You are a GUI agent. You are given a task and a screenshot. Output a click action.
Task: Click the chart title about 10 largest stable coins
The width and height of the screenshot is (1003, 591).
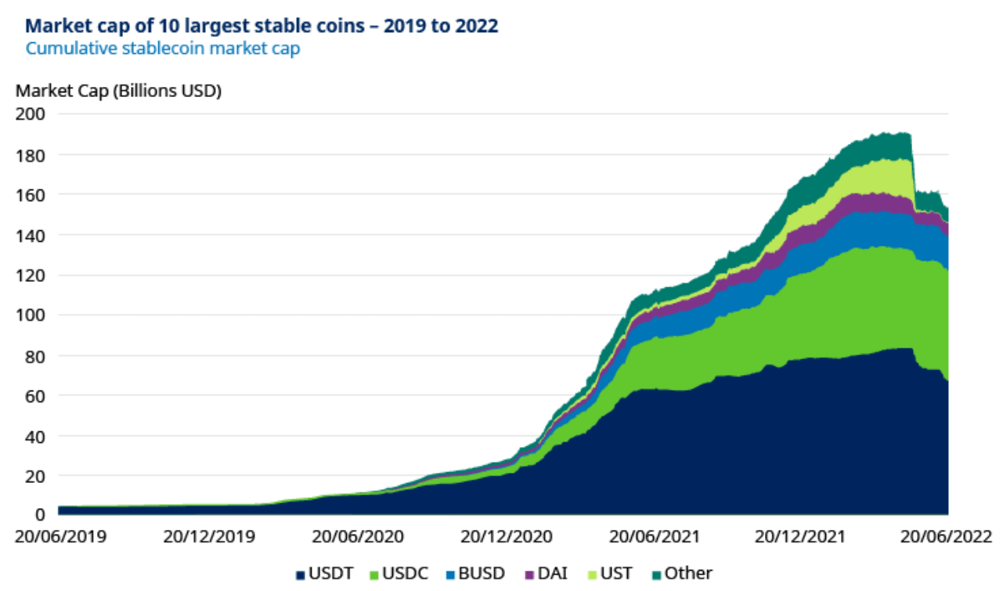[262, 26]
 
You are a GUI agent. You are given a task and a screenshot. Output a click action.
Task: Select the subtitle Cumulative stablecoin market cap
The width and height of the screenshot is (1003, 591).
[163, 49]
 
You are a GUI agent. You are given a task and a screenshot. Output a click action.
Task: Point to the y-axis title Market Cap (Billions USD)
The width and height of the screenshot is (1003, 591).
[118, 91]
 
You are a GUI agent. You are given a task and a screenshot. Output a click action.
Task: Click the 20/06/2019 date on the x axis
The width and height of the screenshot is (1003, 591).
[60, 538]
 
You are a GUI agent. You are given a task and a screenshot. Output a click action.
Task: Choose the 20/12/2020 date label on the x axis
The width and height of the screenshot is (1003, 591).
[506, 538]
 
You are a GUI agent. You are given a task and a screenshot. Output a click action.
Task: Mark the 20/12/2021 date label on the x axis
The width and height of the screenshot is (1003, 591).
[800, 538]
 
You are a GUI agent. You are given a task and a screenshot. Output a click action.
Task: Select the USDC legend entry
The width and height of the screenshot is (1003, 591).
[401, 574]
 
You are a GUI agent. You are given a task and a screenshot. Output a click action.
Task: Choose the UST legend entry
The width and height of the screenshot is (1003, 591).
[611, 574]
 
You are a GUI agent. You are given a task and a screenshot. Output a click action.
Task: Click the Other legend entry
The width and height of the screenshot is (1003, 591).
[682, 574]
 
